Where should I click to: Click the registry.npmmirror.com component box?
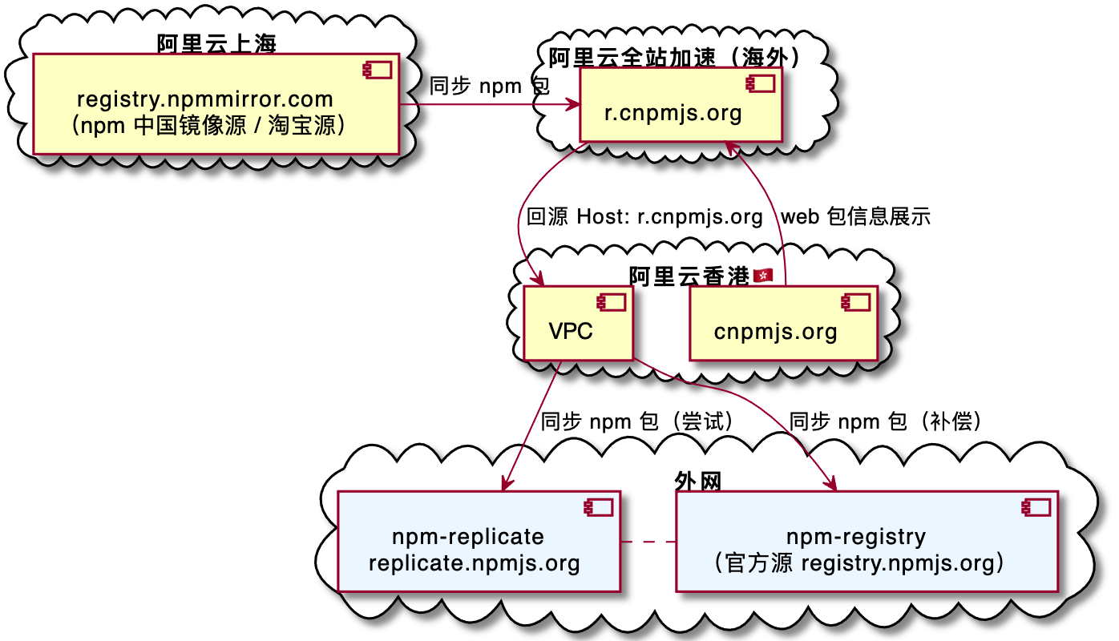click(216, 103)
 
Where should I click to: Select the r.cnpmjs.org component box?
click(681, 105)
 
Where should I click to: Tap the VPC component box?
click(577, 322)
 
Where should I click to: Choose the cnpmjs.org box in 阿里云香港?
click(783, 323)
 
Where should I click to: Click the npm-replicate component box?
click(479, 541)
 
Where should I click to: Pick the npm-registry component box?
click(867, 541)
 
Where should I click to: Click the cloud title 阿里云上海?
click(216, 43)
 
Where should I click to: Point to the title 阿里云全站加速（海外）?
click(675, 57)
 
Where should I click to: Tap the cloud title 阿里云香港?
click(689, 276)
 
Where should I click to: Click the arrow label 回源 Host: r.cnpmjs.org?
click(644, 216)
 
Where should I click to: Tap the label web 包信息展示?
click(855, 216)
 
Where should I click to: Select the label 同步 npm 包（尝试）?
click(637, 421)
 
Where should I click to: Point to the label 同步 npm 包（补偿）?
click(886, 421)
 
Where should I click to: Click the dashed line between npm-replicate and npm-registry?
click(648, 542)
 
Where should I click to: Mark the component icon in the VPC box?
click(607, 302)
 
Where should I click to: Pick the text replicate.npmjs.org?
click(475, 562)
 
